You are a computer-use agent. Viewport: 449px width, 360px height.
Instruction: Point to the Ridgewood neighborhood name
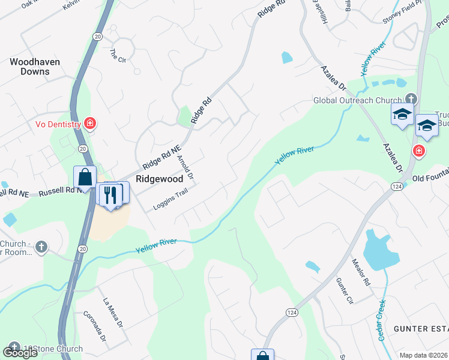click(159, 179)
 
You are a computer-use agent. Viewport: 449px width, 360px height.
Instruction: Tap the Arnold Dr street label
click(185, 168)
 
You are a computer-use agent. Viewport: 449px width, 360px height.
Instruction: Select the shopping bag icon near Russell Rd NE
click(85, 178)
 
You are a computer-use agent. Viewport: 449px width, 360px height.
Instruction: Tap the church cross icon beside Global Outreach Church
click(411, 98)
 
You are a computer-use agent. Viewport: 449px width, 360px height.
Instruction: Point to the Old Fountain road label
click(430, 178)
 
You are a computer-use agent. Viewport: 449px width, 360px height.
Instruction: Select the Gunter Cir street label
click(343, 291)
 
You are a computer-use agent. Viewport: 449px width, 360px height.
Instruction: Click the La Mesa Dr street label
click(113, 313)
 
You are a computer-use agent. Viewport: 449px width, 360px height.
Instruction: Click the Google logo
click(20, 353)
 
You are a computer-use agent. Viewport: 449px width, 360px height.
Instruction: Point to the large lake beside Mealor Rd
click(378, 251)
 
